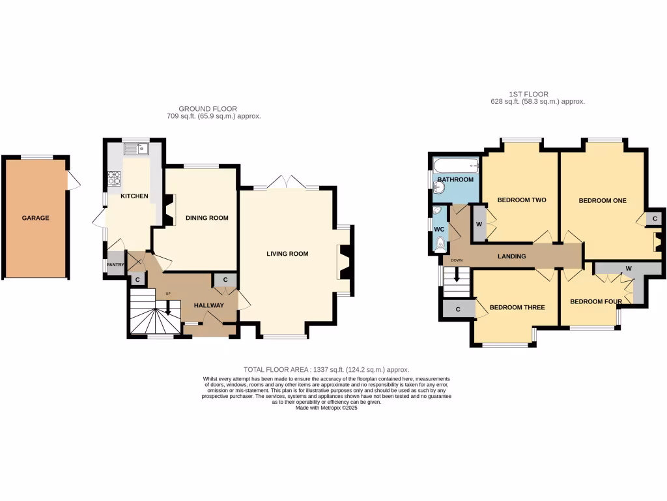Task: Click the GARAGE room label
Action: pos(35,218)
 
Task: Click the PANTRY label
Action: pos(115,264)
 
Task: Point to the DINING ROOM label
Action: pos(206,218)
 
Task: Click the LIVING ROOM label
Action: pos(287,254)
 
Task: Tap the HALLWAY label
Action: pos(208,305)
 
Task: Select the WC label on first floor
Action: pos(439,229)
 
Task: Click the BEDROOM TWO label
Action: pos(521,200)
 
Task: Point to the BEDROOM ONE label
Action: pos(603,200)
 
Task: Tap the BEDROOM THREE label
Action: pos(517,307)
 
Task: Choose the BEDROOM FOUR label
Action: pos(595,301)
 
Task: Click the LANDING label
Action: pos(511,256)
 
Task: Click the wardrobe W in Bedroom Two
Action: pos(479,224)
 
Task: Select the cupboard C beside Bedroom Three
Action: pos(458,309)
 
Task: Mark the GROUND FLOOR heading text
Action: pos(208,109)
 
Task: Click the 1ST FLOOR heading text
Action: pos(528,94)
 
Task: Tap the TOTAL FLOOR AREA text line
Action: pos(326,370)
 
